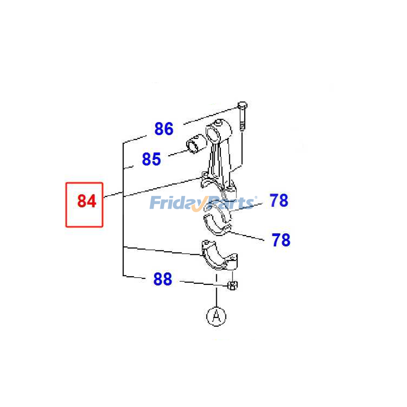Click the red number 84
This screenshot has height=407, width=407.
(86, 201)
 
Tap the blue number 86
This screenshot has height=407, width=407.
(164, 129)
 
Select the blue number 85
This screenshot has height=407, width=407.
(151, 159)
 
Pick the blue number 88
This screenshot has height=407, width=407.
(163, 279)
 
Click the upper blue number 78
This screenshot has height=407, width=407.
(279, 200)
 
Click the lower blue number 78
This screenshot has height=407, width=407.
(281, 240)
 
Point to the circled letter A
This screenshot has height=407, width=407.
(216, 316)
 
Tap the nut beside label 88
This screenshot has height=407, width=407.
(232, 285)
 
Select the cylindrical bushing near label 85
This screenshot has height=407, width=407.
(196, 143)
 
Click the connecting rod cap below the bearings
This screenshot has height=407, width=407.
(220, 255)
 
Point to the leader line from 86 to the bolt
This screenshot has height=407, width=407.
(211, 115)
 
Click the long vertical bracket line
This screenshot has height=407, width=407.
(123, 209)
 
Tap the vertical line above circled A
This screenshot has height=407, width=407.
(216, 290)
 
